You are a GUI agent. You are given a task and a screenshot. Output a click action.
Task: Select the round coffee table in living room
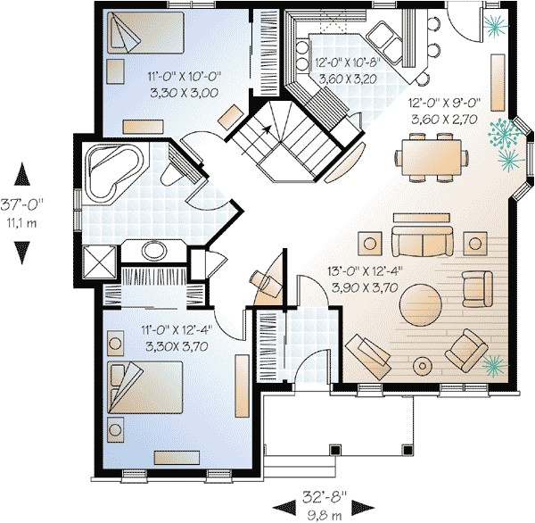click(418, 306)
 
